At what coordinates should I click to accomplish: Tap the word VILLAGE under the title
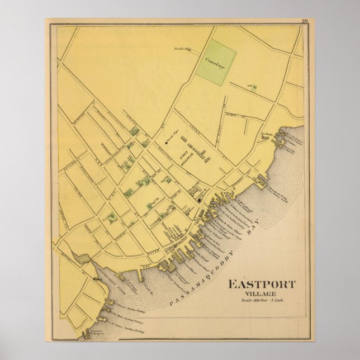[261, 293]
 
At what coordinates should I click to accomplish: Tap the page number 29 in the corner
[304, 21]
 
